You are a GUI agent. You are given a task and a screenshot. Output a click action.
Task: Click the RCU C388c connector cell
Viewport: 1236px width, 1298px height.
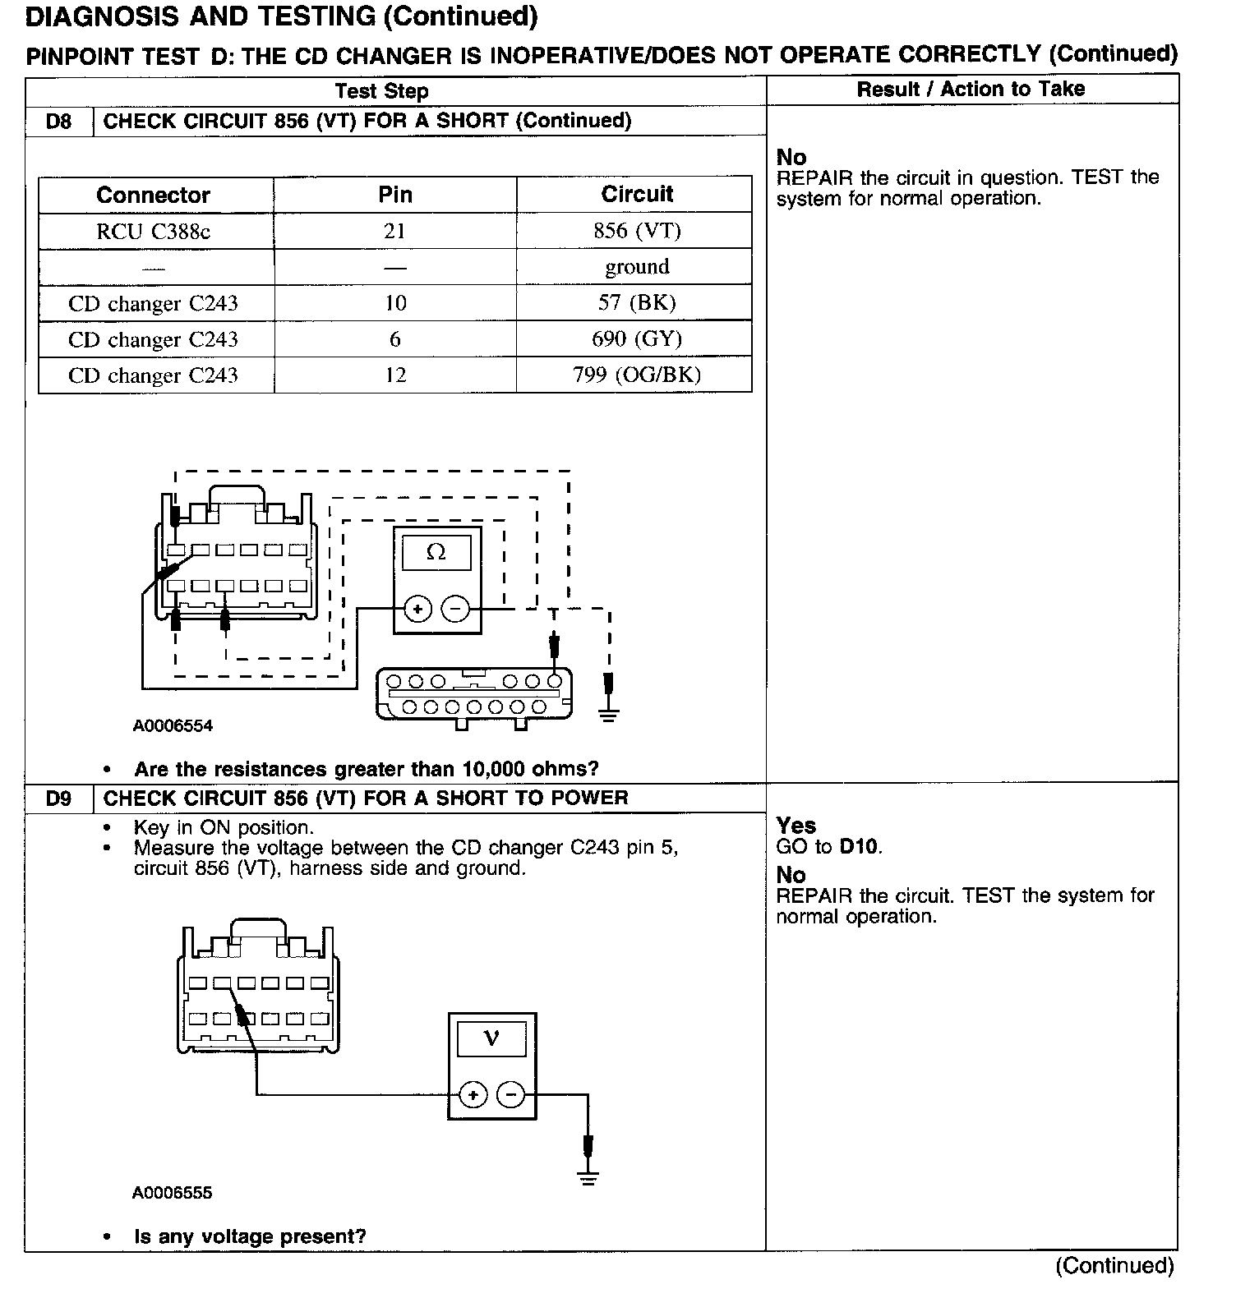pyautogui.click(x=154, y=232)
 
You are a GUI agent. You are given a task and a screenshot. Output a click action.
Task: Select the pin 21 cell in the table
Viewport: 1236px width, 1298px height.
pyautogui.click(x=395, y=231)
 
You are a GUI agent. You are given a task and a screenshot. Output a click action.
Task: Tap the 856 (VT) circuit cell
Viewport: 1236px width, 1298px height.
pyautogui.click(x=637, y=231)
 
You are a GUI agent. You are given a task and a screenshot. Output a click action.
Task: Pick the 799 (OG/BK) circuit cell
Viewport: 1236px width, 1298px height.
pyautogui.click(x=637, y=375)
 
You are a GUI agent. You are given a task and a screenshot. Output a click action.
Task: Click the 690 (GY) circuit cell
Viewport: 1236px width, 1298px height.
pyautogui.click(x=637, y=339)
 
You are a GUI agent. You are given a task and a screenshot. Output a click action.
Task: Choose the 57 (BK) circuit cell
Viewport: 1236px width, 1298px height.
pyautogui.click(x=637, y=303)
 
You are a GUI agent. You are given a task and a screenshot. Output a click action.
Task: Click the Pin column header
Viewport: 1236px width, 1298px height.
pyautogui.click(x=395, y=195)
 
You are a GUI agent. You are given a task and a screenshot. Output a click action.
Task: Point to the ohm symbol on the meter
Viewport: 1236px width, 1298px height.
pyautogui.click(x=436, y=553)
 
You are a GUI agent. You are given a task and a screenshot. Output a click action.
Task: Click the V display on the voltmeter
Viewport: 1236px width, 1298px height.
pyautogui.click(x=491, y=1038)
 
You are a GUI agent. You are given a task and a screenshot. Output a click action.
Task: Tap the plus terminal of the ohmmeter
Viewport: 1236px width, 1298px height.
pyautogui.click(x=418, y=610)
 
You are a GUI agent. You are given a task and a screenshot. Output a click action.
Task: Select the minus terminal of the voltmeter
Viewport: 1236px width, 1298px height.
pyautogui.click(x=511, y=1095)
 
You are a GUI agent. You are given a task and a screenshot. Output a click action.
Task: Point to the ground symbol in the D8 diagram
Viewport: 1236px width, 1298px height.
pyautogui.click(x=608, y=713)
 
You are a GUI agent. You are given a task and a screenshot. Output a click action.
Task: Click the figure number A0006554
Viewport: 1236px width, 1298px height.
pyautogui.click(x=173, y=726)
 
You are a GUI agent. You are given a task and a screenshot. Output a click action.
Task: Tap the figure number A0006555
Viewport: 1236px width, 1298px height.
pyautogui.click(x=172, y=1193)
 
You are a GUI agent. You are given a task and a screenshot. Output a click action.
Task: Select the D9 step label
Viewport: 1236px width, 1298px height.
pyautogui.click(x=58, y=799)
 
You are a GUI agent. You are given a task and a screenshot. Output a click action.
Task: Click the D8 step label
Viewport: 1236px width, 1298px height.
pyautogui.click(x=58, y=122)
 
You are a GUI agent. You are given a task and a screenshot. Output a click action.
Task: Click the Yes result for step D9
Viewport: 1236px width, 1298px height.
pyautogui.click(x=796, y=826)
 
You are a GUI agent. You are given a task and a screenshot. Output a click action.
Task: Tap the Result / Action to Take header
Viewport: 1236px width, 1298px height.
pyautogui.click(x=971, y=90)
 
